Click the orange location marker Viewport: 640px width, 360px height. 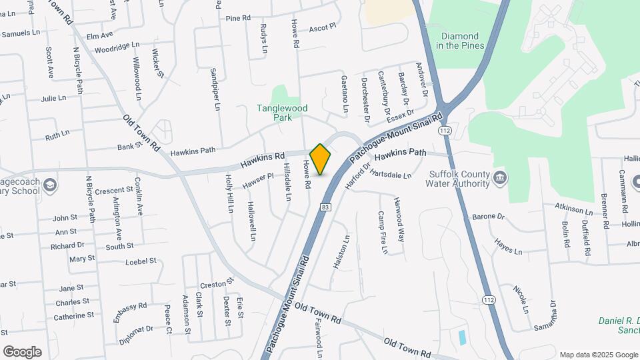coord(320,159)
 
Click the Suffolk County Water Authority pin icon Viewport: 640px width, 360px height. coord(501,178)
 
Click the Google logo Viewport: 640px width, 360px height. coord(22,351)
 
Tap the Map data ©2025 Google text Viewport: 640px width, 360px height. coord(597,355)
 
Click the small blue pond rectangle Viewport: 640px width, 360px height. coord(463,337)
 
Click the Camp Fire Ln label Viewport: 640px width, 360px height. coord(383,233)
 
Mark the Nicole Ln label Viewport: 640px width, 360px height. coord(521,299)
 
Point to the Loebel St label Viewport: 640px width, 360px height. coord(140,261)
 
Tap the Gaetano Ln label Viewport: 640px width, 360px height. coord(345,92)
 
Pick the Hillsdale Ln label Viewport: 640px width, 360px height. coord(288,182)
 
